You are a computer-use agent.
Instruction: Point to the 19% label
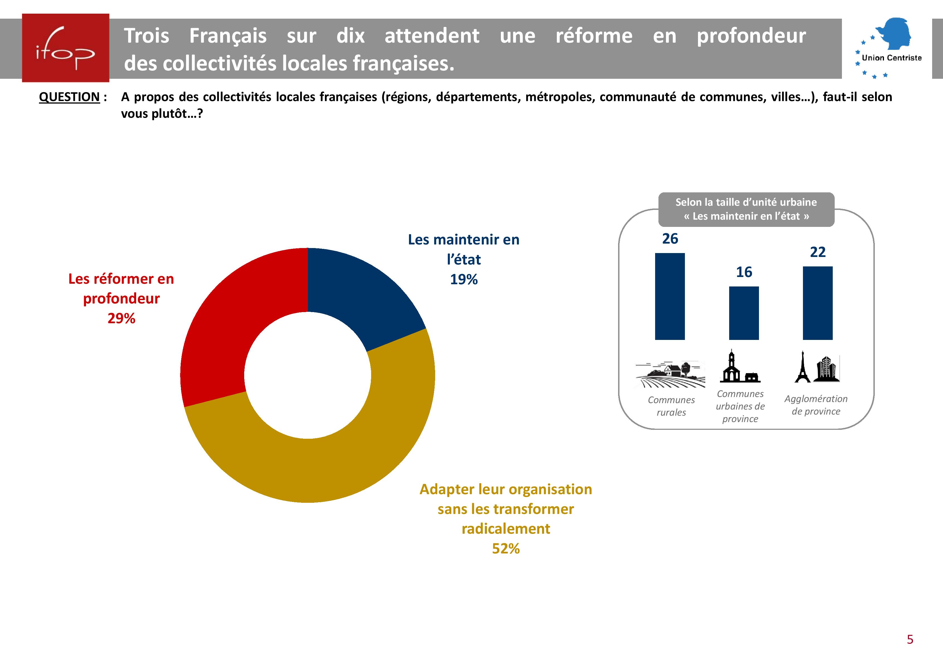click(464, 280)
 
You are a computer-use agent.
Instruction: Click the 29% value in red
click(121, 318)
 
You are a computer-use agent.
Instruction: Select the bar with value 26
click(670, 296)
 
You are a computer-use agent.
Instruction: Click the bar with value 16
click(744, 313)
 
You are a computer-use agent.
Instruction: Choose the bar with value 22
click(817, 303)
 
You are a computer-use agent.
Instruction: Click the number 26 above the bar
click(670, 239)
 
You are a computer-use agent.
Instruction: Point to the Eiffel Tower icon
click(802, 367)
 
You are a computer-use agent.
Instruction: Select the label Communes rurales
click(671, 406)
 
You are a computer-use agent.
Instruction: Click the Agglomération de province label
click(816, 405)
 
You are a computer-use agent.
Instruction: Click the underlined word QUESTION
click(69, 97)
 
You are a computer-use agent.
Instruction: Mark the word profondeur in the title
click(751, 36)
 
